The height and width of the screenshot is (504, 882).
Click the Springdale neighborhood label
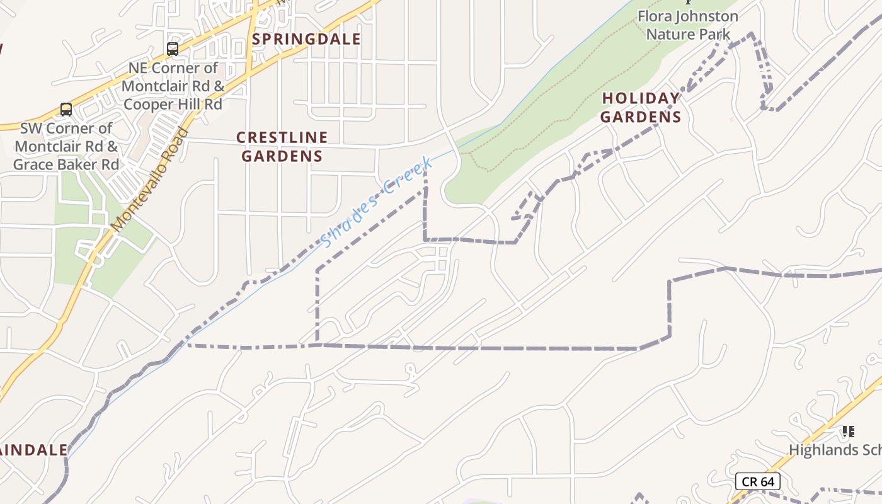point(307,39)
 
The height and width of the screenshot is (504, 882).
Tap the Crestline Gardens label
point(282,146)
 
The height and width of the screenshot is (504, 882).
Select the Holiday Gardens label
point(641,107)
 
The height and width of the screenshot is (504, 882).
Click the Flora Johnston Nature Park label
point(687,25)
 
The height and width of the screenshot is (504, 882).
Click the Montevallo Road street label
point(149,180)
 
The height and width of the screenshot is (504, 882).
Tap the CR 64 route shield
point(758,482)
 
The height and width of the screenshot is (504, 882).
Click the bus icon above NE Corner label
point(173,49)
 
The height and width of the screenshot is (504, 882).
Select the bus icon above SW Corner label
point(66,109)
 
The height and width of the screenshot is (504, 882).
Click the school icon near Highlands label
point(848,432)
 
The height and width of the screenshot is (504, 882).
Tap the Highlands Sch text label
point(835,450)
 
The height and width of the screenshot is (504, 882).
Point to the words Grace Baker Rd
point(66,165)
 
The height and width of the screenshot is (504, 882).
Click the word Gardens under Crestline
point(282,156)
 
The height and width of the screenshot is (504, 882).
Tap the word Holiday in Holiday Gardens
point(641,98)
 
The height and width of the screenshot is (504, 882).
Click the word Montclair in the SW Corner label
point(55,146)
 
